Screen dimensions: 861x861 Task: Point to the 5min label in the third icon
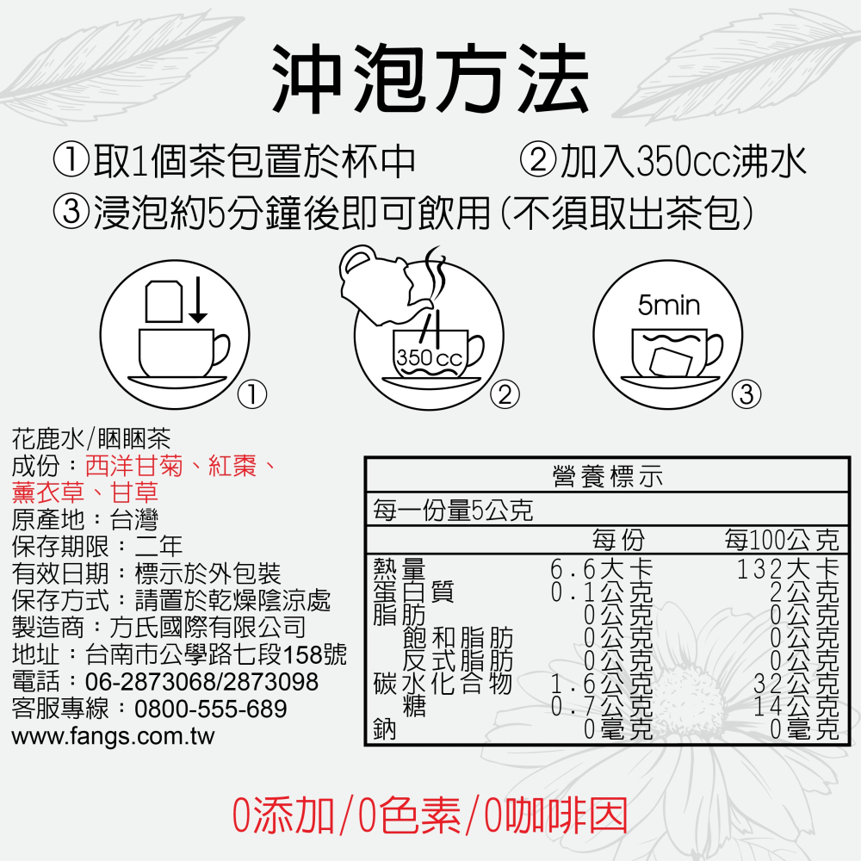pos(669,305)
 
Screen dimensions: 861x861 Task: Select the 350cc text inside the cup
pos(429,357)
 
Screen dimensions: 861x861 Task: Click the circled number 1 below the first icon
pos(251,394)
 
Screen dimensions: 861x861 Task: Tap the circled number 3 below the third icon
pos(746,394)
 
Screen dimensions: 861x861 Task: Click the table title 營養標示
pos(607,476)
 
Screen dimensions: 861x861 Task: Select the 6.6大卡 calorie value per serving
pos(602,569)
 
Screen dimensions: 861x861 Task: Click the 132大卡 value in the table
pos(788,569)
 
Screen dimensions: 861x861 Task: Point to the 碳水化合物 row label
pos(443,684)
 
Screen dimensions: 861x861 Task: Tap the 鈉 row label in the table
pos(385,730)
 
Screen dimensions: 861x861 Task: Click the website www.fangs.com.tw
pos(113,737)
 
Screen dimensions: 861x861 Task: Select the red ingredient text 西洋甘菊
pos(134,467)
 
